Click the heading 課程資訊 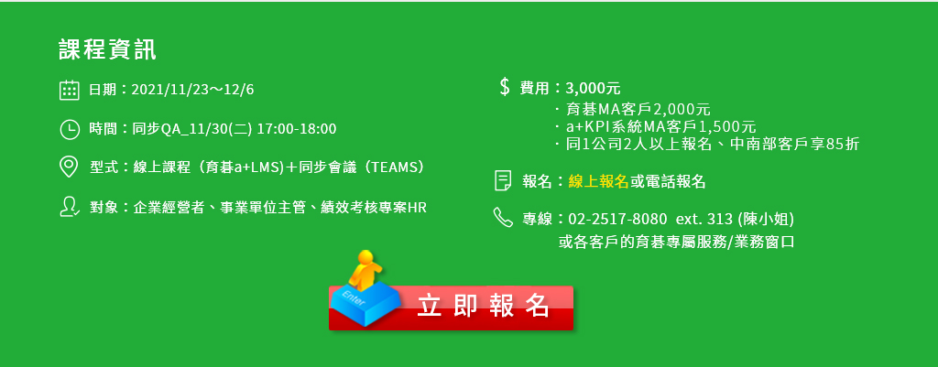(108, 50)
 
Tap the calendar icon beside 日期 (70, 90)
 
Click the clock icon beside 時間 (70, 129)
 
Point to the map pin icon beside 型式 (70, 167)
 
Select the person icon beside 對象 (70, 207)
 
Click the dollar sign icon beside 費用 (505, 87)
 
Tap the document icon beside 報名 (503, 181)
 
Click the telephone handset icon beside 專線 (503, 218)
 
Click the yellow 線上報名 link (598, 182)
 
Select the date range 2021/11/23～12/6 (192, 91)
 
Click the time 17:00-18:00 (297, 129)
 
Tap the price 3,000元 (593, 89)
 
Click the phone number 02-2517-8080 (616, 220)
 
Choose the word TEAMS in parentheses (396, 167)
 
